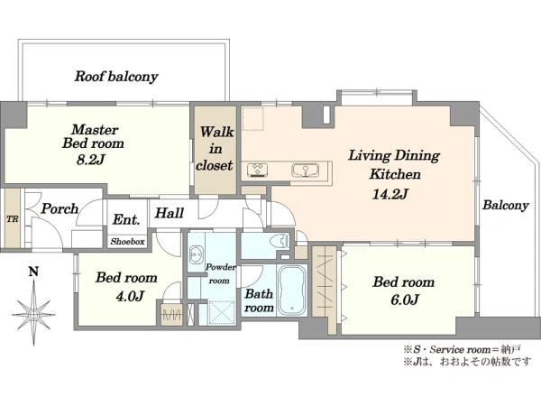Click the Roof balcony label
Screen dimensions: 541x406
(116, 77)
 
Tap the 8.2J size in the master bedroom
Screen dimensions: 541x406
(91, 160)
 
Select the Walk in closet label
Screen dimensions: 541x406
(215, 149)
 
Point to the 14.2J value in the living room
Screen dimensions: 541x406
(390, 194)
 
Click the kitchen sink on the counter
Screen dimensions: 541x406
(306, 171)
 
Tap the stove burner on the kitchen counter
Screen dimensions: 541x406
(258, 171)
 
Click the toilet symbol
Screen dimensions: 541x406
(280, 241)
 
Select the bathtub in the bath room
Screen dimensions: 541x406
(292, 291)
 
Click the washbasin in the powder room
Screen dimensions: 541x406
(197, 254)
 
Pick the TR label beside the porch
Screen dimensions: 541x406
(13, 219)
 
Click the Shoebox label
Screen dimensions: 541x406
(127, 242)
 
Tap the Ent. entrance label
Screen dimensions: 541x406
(126, 219)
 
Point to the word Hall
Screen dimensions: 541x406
(170, 213)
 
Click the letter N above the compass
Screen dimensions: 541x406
(33, 272)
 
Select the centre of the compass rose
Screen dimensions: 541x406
(33, 314)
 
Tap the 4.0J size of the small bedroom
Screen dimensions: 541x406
(129, 296)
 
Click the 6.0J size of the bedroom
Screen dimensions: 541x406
(404, 300)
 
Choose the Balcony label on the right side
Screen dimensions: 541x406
(506, 205)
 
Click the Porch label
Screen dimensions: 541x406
(60, 208)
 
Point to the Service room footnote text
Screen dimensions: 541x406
(462, 350)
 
